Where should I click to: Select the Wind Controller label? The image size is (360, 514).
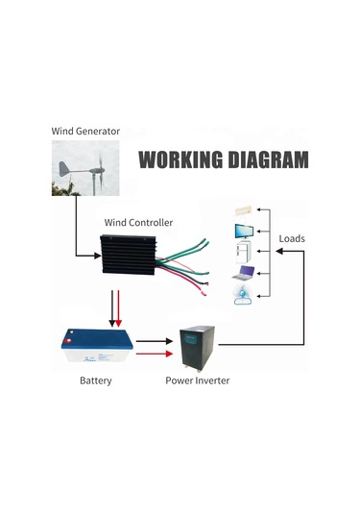pyautogui.click(x=138, y=222)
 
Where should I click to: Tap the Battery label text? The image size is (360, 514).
pyautogui.click(x=95, y=381)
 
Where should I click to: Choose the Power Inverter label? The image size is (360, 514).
pyautogui.click(x=198, y=381)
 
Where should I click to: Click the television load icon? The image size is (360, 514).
pyautogui.click(x=243, y=231)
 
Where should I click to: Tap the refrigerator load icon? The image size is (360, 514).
pyautogui.click(x=243, y=253)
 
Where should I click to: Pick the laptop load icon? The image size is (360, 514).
pyautogui.click(x=243, y=275)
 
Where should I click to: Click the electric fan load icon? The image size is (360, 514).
pyautogui.click(x=243, y=296)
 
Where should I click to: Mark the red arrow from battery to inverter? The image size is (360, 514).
pyautogui.click(x=152, y=354)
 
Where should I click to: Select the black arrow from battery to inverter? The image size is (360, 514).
pyautogui.click(x=152, y=340)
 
